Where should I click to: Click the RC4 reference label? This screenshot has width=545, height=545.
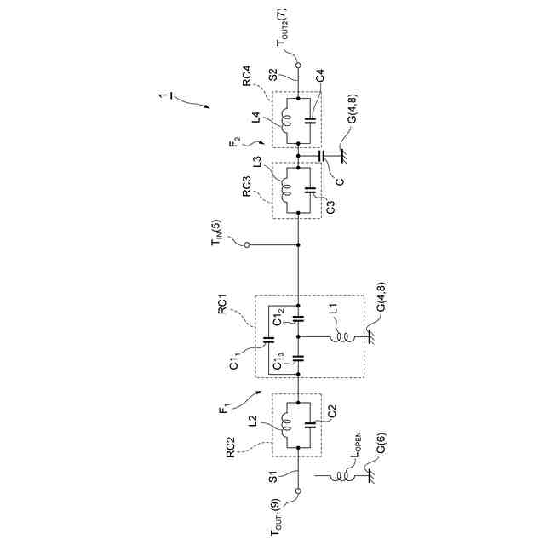(x=246, y=79)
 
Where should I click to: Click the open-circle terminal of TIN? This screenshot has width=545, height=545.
(x=247, y=244)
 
